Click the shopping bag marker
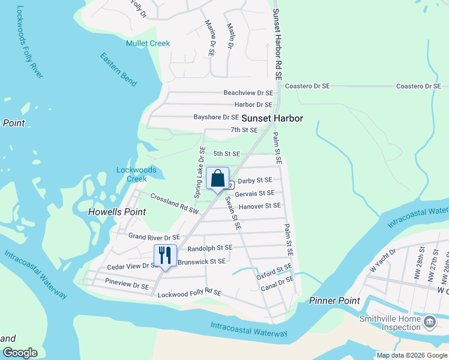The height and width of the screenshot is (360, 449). (218, 179)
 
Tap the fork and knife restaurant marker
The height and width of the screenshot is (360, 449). (166, 256)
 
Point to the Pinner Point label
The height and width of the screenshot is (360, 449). (334, 301)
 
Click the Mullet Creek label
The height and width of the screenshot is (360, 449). (148, 43)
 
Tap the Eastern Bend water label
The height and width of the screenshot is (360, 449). (118, 70)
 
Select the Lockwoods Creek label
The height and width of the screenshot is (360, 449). (136, 175)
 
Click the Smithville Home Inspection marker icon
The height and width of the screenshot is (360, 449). (430, 323)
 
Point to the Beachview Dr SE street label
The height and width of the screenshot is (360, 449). (248, 93)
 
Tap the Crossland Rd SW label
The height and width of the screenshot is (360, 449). (174, 204)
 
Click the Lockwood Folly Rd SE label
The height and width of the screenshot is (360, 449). (189, 294)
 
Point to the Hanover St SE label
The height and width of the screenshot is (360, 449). (259, 206)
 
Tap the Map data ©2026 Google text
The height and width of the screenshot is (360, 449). (411, 355)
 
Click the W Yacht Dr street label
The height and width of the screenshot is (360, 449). (383, 260)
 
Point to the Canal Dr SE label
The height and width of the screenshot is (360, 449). (277, 284)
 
